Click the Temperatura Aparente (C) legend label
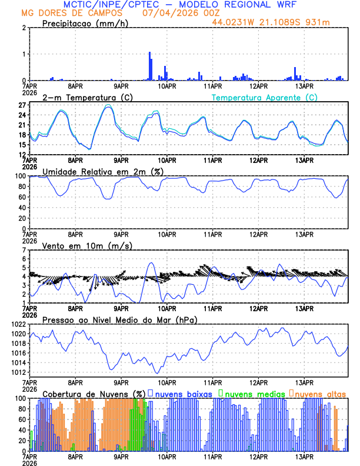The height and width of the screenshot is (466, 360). [264, 97]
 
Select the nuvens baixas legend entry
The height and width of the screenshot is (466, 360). [186, 393]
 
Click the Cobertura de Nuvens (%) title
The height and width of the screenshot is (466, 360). [94, 393]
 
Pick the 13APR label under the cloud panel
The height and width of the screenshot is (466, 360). [304, 456]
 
